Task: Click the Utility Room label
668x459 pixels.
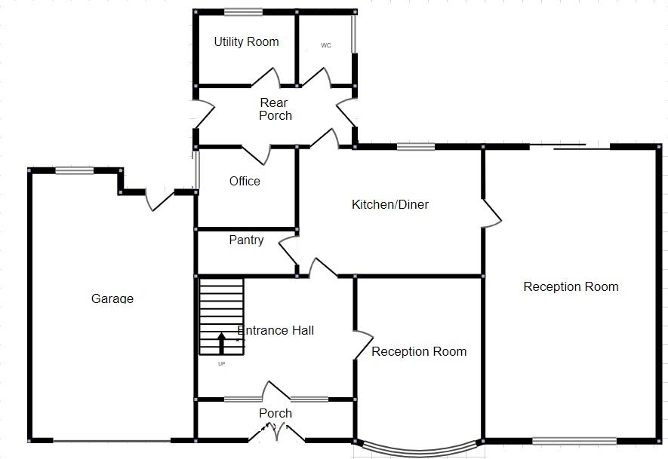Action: click(x=246, y=41)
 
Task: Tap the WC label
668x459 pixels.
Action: click(x=326, y=45)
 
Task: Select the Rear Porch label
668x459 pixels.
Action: click(x=275, y=109)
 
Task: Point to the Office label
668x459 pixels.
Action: click(x=245, y=181)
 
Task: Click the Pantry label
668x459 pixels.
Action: click(x=246, y=240)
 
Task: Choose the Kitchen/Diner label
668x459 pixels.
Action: click(x=390, y=204)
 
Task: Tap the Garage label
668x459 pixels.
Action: click(x=112, y=298)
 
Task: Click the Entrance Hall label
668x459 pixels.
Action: click(x=276, y=330)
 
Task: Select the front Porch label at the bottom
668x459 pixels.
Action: click(x=276, y=413)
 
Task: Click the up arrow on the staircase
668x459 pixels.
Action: click(x=221, y=343)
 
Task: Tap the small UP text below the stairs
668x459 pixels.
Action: click(x=221, y=364)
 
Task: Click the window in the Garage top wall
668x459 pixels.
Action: click(x=74, y=170)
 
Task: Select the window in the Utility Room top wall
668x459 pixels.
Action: click(x=243, y=12)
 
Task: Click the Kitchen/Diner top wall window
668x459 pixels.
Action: click(x=416, y=147)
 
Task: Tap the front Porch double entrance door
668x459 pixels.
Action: click(x=276, y=432)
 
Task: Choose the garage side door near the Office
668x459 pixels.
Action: click(x=159, y=200)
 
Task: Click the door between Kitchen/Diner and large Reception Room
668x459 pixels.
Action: click(x=491, y=213)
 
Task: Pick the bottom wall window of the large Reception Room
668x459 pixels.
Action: click(x=574, y=441)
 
